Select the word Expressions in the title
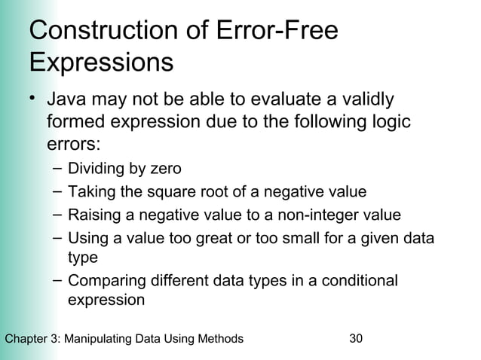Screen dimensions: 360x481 coord(101,62)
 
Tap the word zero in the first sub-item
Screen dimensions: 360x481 coord(166,168)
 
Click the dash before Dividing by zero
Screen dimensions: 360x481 coord(57,168)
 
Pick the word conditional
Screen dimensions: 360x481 coord(360,281)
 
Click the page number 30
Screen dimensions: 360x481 coord(357,339)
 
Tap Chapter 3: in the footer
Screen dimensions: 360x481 coord(31,339)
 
